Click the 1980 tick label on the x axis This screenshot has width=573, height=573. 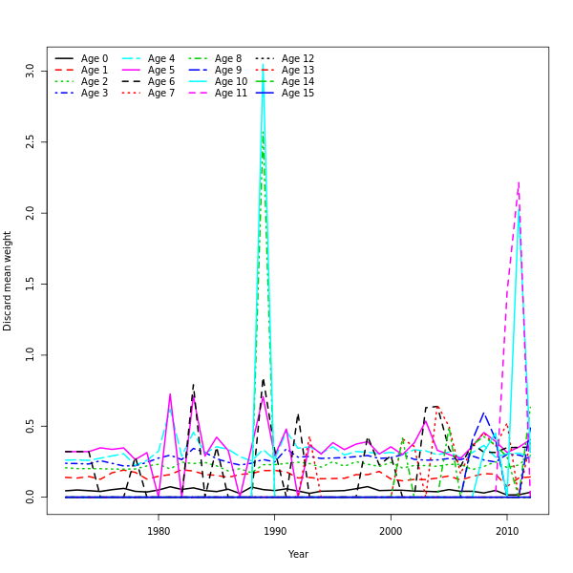point(159,531)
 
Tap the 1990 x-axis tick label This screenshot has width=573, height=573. point(275,531)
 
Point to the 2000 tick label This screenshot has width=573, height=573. point(391,531)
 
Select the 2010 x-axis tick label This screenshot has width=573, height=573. point(506,531)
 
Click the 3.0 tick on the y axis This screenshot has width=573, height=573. point(30,71)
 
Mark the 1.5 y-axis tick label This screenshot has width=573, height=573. point(30,284)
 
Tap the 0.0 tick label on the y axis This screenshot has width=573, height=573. point(30,497)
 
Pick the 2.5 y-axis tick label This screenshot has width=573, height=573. point(30,141)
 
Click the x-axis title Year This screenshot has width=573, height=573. point(298,554)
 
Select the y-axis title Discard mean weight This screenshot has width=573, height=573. point(8,281)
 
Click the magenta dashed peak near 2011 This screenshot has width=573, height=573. point(519,182)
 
